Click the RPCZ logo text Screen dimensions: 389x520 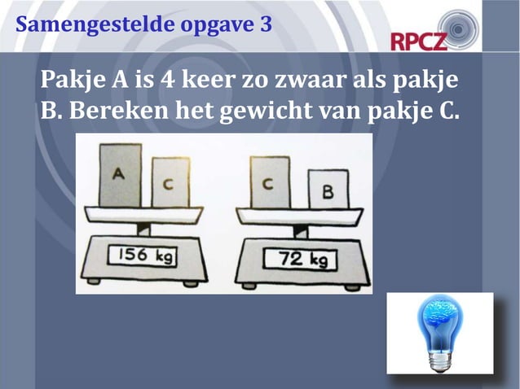(x=419, y=40)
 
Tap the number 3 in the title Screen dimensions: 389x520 (x=266, y=24)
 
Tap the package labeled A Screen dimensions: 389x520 (x=120, y=174)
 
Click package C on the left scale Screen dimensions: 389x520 (x=169, y=182)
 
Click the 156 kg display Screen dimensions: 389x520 (x=143, y=255)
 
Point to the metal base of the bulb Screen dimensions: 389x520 (x=439, y=358)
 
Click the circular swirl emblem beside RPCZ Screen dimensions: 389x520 (x=461, y=27)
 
